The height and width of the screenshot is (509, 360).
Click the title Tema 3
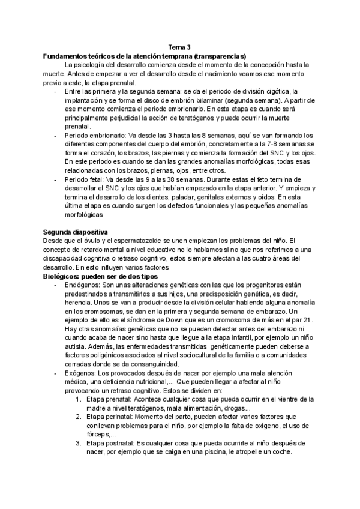(179, 47)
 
